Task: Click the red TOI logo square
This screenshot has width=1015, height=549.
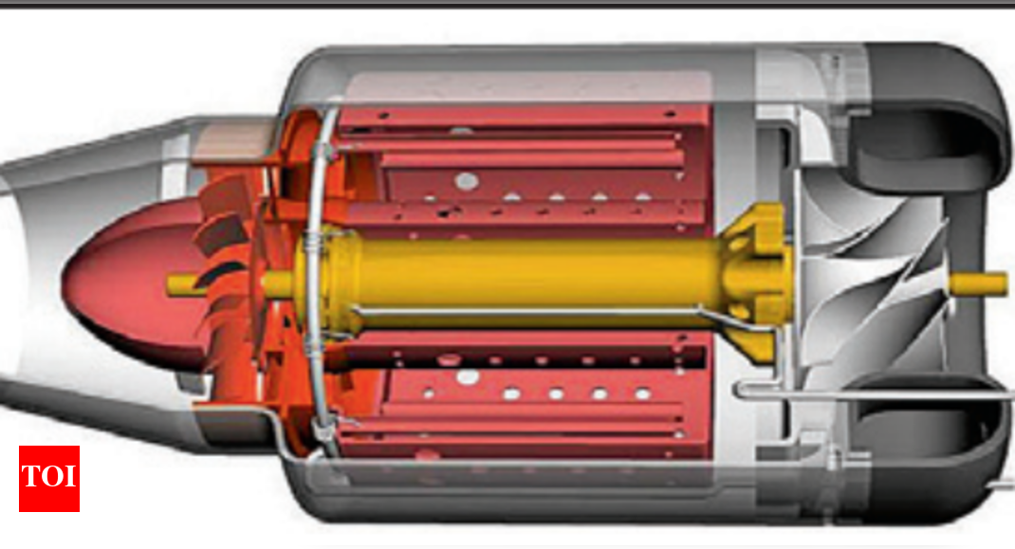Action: point(49,479)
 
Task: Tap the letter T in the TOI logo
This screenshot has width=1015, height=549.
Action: point(30,476)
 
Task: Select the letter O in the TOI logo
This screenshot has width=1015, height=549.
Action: point(49,476)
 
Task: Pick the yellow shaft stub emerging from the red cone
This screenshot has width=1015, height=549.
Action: point(186,284)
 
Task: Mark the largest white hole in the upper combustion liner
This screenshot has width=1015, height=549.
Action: point(466,179)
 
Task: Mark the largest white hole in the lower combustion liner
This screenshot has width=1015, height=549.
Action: point(467,376)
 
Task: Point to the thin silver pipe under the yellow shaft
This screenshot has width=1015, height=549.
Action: point(531,311)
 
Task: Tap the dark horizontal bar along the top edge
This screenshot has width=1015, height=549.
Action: point(507,3)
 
